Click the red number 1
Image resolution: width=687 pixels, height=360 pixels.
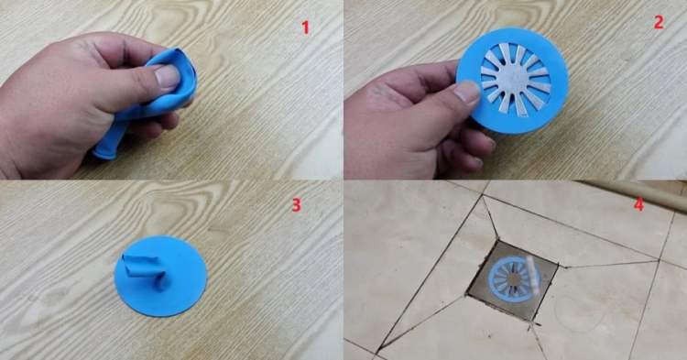(305, 27)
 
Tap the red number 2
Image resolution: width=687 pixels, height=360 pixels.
(659, 22)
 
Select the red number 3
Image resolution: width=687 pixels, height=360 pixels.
(297, 204)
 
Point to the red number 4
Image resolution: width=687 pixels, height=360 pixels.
(638, 204)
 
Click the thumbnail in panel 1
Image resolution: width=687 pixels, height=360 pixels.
(168, 76)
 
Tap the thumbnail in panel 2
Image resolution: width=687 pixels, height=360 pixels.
(467, 91)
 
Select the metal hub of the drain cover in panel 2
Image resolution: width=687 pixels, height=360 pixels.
(515, 80)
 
